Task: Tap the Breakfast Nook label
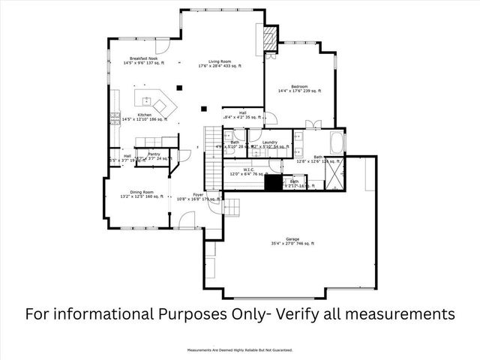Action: click(142, 58)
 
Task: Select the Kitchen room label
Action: click(145, 115)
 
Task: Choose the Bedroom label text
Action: click(298, 86)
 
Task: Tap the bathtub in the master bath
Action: click(335, 142)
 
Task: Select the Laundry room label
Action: click(270, 142)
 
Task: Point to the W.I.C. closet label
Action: click(250, 169)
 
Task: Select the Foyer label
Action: click(198, 194)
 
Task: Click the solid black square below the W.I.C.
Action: click(271, 183)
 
